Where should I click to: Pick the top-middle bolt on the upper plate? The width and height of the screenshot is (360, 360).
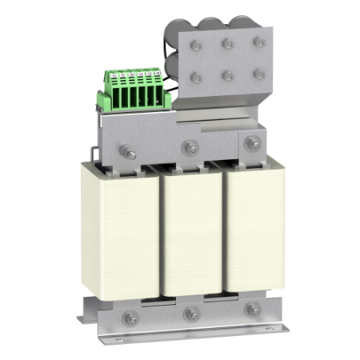point(228,44)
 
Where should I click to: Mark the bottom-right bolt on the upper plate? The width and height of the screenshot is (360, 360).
point(259,73)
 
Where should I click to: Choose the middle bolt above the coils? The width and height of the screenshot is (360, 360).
point(190,146)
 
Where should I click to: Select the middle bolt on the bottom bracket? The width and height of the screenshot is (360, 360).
point(192,314)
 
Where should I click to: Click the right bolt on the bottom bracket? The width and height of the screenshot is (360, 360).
point(253,310)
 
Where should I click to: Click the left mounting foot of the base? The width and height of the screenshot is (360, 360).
point(86,320)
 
